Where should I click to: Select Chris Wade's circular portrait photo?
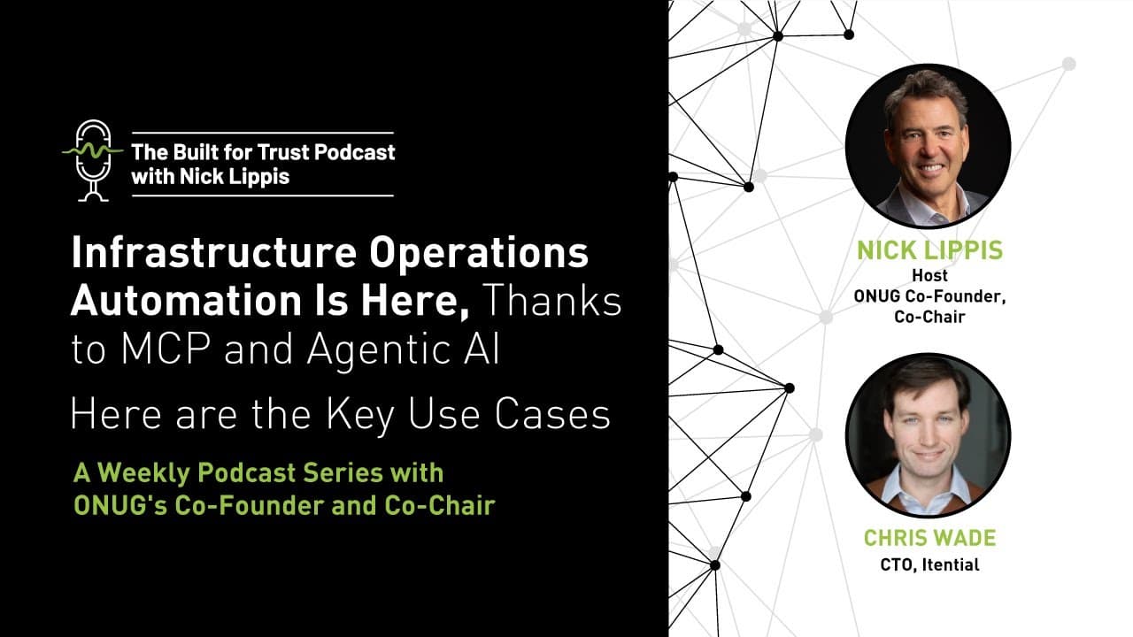pos(928,435)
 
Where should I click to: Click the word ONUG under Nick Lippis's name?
pos(875,296)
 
